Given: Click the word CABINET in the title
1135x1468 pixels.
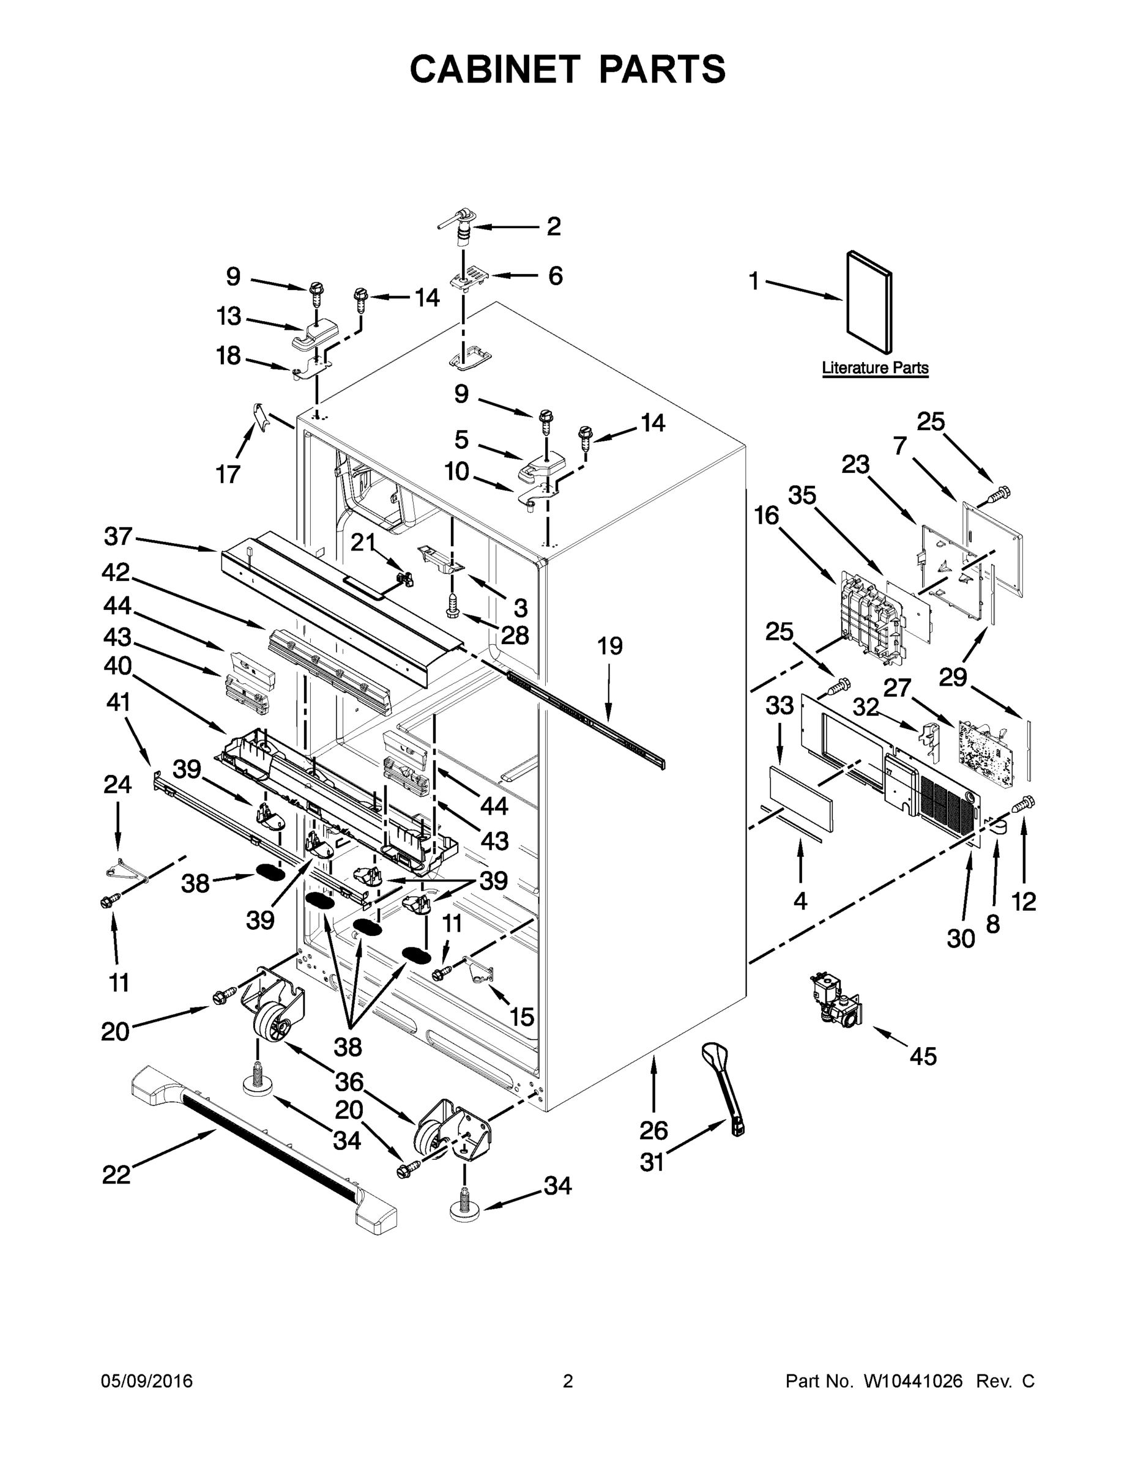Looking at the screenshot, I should (x=495, y=69).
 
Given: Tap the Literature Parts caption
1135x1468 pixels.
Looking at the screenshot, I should (x=875, y=368).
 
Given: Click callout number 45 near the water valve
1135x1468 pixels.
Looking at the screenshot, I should (x=923, y=1056).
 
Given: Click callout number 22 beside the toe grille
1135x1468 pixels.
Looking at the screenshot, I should (x=116, y=1176).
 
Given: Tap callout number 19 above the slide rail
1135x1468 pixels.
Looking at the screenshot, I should (x=610, y=646).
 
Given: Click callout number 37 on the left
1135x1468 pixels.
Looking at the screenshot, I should (x=118, y=536).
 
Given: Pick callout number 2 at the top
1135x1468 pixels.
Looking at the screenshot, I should (x=553, y=226).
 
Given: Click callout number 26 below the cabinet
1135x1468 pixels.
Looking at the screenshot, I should (x=653, y=1130).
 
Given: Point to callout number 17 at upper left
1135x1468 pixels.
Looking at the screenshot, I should (x=228, y=475).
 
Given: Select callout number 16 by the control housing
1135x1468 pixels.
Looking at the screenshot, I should (x=766, y=516).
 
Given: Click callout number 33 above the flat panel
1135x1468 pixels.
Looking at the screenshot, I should (x=780, y=706).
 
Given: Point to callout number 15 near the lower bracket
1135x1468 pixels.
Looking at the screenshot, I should (x=522, y=1017).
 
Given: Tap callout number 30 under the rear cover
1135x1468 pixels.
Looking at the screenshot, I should (x=960, y=938).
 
